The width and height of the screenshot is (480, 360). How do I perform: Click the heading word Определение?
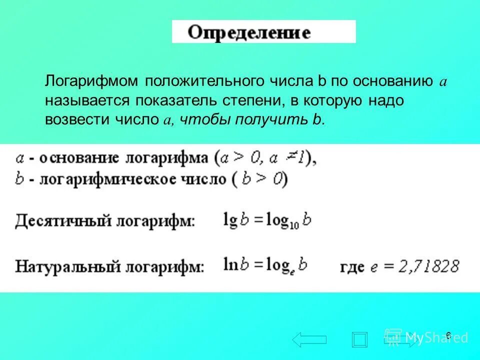249,32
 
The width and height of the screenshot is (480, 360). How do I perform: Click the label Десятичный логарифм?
105,220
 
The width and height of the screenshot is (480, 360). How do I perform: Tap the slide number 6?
448,335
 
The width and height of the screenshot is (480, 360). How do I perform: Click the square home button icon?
359,339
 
